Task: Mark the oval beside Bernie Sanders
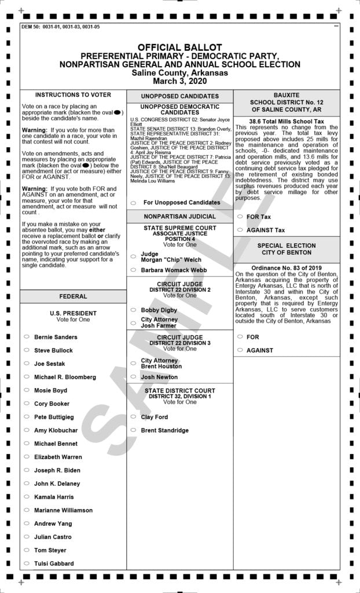tap(26, 337)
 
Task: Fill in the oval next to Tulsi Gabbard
tap(26, 563)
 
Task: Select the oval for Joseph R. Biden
tap(26, 470)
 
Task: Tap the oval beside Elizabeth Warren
tap(26, 457)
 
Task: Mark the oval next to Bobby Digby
tap(133, 310)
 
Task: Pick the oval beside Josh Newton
tap(133, 377)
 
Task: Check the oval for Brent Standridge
tap(133, 430)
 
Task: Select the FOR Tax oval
tap(240, 217)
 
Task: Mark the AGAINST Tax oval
tap(240, 230)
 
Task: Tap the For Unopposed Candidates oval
tap(133, 203)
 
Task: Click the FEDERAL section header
tap(73, 296)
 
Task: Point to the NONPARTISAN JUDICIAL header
tap(179, 217)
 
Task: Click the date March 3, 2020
tap(179, 81)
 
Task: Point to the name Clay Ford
tap(154, 417)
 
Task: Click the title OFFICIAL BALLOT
tap(179, 47)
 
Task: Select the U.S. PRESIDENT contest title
tap(73, 313)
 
